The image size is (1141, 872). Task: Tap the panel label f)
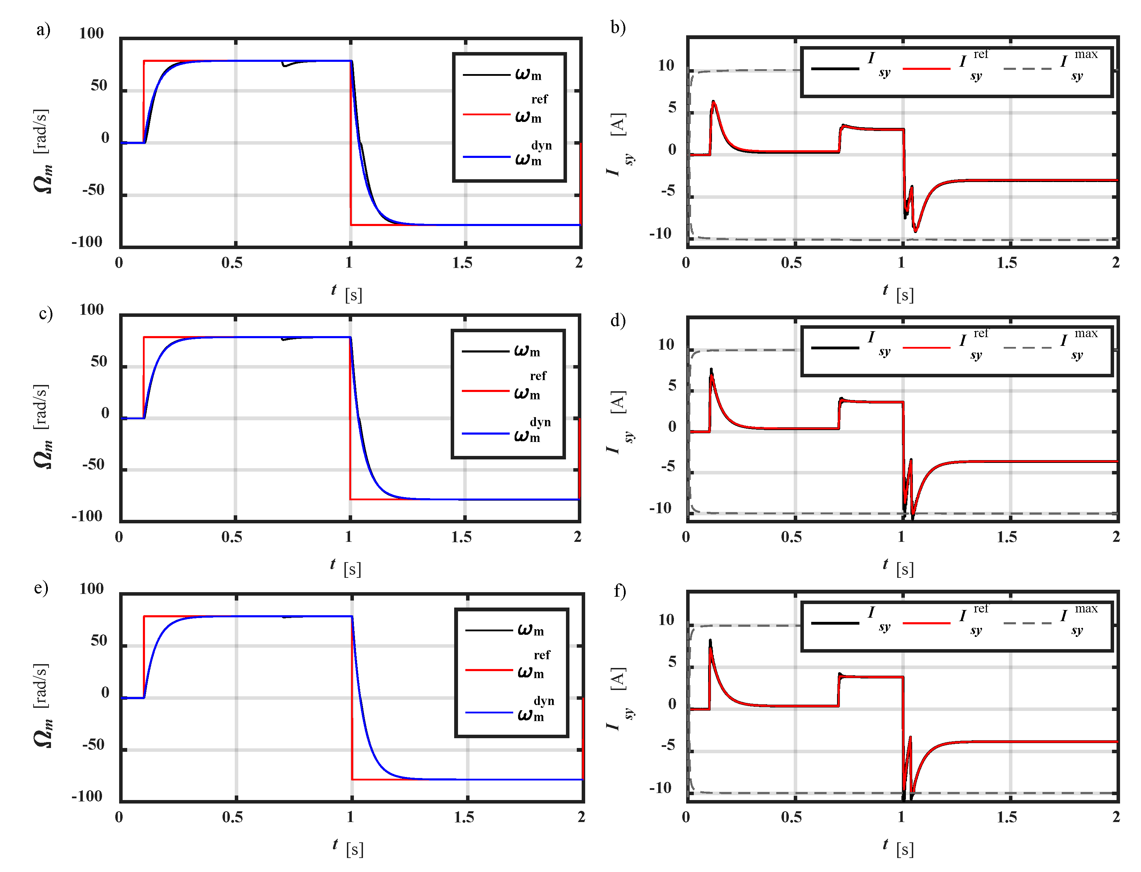point(619,591)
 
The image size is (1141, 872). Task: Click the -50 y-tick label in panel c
point(93,465)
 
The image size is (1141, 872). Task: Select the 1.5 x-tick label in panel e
point(464,817)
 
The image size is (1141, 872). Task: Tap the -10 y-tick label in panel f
point(660,788)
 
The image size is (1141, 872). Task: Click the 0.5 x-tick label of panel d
point(791,537)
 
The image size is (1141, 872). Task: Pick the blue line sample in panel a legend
point(486,156)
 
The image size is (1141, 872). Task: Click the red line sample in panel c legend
point(485,390)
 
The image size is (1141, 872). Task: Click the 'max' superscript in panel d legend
point(1086,333)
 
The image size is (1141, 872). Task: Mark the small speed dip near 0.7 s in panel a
point(284,65)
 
